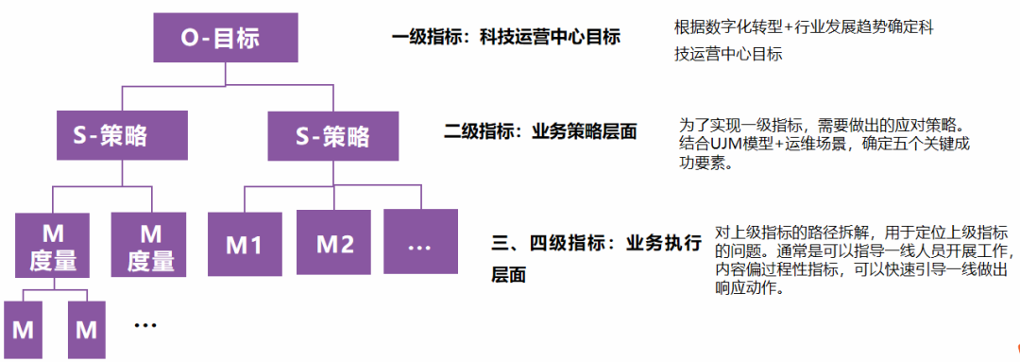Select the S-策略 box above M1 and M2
click(332, 137)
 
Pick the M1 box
click(244, 244)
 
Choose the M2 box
click(334, 244)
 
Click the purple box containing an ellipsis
click(420, 244)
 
